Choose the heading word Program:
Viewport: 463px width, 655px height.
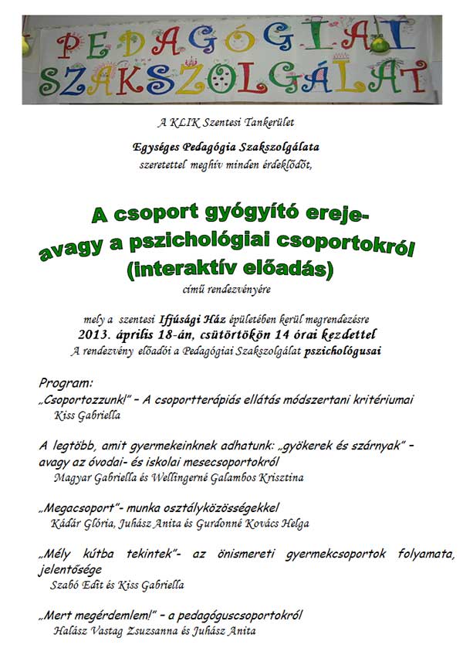[66, 382]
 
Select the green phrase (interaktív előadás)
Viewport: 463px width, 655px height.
[231, 270]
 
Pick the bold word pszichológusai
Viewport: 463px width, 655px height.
[343, 350]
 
